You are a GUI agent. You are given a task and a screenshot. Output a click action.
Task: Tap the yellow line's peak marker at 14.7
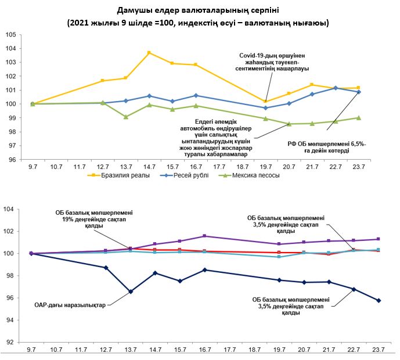click(149, 53)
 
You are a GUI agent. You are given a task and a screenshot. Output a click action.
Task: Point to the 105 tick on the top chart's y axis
click(10, 34)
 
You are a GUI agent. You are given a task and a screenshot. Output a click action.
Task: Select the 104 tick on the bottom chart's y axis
click(10, 209)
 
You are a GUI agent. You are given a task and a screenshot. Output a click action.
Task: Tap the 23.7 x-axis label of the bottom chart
click(377, 350)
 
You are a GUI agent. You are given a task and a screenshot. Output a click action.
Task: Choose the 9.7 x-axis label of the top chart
click(32, 167)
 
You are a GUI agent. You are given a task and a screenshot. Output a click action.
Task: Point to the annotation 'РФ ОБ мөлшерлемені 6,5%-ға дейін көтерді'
click(327, 147)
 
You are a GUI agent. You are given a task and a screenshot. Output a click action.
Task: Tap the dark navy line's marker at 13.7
click(131, 291)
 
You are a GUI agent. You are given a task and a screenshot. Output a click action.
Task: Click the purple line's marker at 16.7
click(206, 236)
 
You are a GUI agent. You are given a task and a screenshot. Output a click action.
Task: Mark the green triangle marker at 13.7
click(125, 117)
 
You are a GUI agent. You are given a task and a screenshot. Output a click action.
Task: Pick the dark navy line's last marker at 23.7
click(379, 300)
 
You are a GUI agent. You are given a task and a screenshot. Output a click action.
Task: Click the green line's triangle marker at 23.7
click(359, 117)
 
